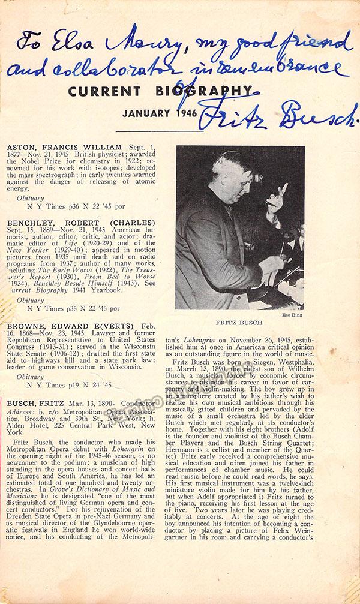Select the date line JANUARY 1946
click(170, 113)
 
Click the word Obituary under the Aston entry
click(31, 197)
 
